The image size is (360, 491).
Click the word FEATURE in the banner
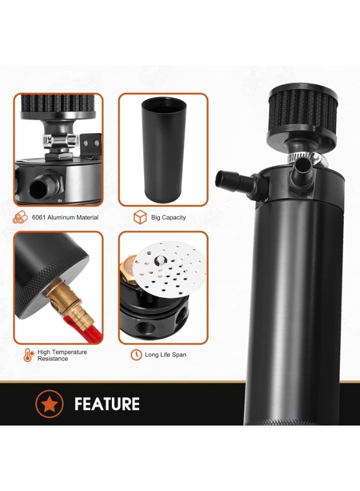tap(107, 404)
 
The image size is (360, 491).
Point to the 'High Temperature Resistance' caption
tap(62, 355)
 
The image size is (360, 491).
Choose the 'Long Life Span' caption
tap(165, 355)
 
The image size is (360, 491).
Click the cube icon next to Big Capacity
tap(140, 218)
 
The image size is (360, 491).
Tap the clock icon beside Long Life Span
tap(136, 355)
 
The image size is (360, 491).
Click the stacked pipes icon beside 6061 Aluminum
tap(21, 218)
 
